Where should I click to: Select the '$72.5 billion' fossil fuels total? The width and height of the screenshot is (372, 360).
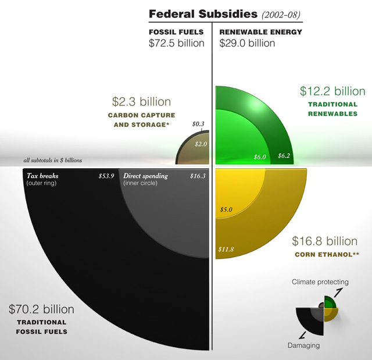[x=177, y=43]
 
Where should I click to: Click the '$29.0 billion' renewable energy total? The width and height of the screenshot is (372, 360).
[x=247, y=43]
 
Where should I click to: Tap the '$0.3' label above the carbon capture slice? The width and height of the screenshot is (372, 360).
[x=198, y=124]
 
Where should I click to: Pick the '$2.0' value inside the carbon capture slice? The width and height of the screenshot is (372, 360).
[x=201, y=144]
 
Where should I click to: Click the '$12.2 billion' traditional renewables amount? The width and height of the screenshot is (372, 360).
[x=332, y=91]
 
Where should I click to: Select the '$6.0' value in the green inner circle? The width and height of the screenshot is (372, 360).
[x=259, y=157]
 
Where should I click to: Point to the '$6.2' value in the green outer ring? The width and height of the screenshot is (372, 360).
[x=284, y=156]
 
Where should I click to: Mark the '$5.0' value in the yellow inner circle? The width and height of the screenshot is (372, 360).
[x=226, y=209]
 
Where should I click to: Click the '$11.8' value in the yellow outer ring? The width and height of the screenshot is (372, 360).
[x=226, y=249]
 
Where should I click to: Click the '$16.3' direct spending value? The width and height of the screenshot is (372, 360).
[x=198, y=176]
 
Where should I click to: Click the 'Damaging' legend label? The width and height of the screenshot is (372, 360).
[x=303, y=346]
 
